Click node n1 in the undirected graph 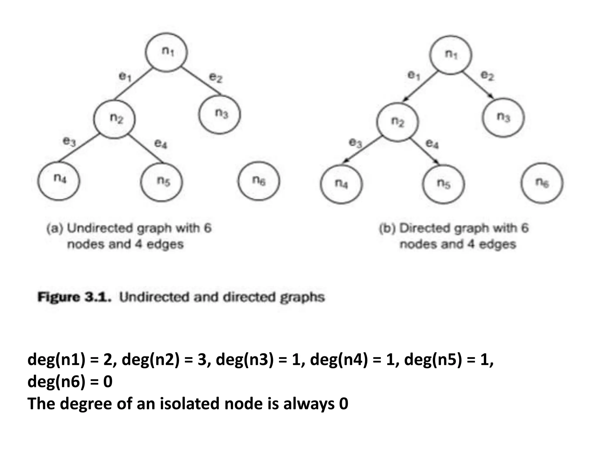tap(166, 52)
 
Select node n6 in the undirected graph tap(259, 181)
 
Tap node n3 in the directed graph tap(503, 117)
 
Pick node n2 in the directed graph tap(397, 122)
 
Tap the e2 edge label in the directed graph tap(487, 76)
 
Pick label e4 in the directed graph tap(432, 144)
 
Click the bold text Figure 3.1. tap(75, 297)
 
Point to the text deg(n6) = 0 tap(70, 381)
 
